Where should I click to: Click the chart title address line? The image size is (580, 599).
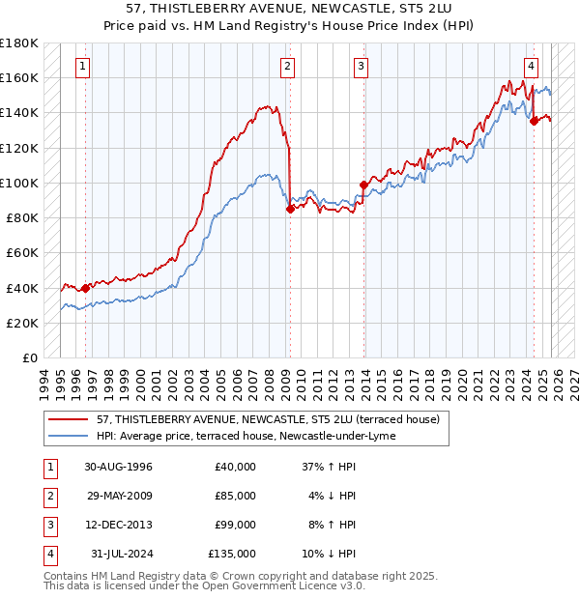pyautogui.click(x=290, y=10)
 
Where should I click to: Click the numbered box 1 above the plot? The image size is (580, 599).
pyautogui.click(x=84, y=67)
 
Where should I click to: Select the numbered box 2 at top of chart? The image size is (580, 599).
pyautogui.click(x=288, y=67)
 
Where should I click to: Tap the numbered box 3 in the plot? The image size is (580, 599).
pyautogui.click(x=361, y=67)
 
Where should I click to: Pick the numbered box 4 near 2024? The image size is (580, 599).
pyautogui.click(x=532, y=67)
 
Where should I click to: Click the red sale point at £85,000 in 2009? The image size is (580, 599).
pyautogui.click(x=290, y=209)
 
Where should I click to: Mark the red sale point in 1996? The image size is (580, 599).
pyautogui.click(x=85, y=288)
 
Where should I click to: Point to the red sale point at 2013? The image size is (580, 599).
pyautogui.click(x=363, y=185)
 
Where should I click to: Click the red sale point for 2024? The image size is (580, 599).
pyautogui.click(x=534, y=121)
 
